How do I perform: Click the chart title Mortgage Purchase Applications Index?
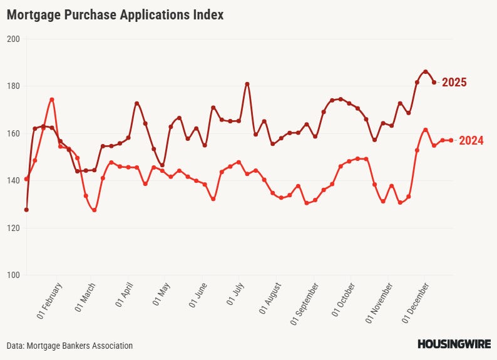point(115,15)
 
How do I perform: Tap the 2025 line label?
point(454,83)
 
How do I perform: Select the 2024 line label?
point(471,141)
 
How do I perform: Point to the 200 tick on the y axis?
point(14,39)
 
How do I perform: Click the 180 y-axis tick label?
point(14,86)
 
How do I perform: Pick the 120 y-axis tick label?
point(14,228)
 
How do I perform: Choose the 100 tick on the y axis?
point(14,275)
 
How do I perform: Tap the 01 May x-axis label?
point(161,298)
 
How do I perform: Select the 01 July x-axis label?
point(236,298)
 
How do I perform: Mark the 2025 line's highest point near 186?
point(426,71)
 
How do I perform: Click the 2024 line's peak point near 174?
point(52,100)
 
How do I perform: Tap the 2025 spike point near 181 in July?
point(247,84)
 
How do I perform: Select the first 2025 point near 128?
point(26,210)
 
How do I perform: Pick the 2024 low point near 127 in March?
point(95,210)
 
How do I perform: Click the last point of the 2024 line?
point(451,140)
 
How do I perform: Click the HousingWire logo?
point(454,344)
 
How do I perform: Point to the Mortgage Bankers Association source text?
point(70,346)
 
